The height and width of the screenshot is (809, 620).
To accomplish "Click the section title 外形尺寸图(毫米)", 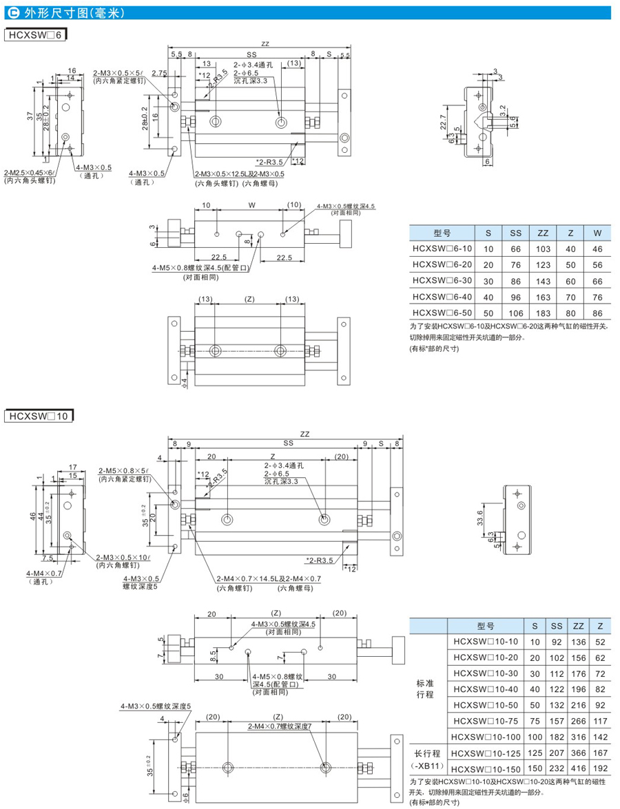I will click(x=56, y=12).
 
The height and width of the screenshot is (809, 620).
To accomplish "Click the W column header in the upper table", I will click(x=597, y=233).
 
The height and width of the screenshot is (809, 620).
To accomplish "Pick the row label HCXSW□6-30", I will click(x=440, y=282).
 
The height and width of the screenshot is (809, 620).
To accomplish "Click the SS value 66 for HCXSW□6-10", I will click(x=515, y=249).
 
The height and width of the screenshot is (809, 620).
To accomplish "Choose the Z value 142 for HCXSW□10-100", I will click(x=601, y=737).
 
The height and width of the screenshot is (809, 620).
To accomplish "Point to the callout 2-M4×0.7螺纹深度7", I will click(x=280, y=727).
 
